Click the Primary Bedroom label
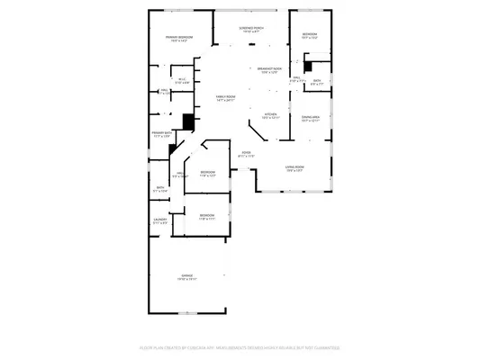pyautogui.click(x=179, y=38)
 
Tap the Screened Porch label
pyautogui.click(x=251, y=30)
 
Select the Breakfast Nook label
pyautogui.click(x=270, y=70)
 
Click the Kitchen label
pyautogui.click(x=270, y=115)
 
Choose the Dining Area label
pyautogui.click(x=311, y=118)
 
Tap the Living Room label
pyautogui.click(x=295, y=168)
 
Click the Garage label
pyautogui.click(x=188, y=277)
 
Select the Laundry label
pyautogui.click(x=160, y=220)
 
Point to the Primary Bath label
pyautogui.click(x=161, y=134)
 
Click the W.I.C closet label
pyautogui.click(x=181, y=81)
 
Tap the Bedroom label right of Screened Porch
pyautogui.click(x=310, y=37)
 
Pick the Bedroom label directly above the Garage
pyautogui.click(x=207, y=217)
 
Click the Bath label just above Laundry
pyautogui.click(x=159, y=191)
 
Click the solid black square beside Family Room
pyautogui.click(x=188, y=121)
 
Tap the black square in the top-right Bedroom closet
pyautogui.click(x=308, y=64)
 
